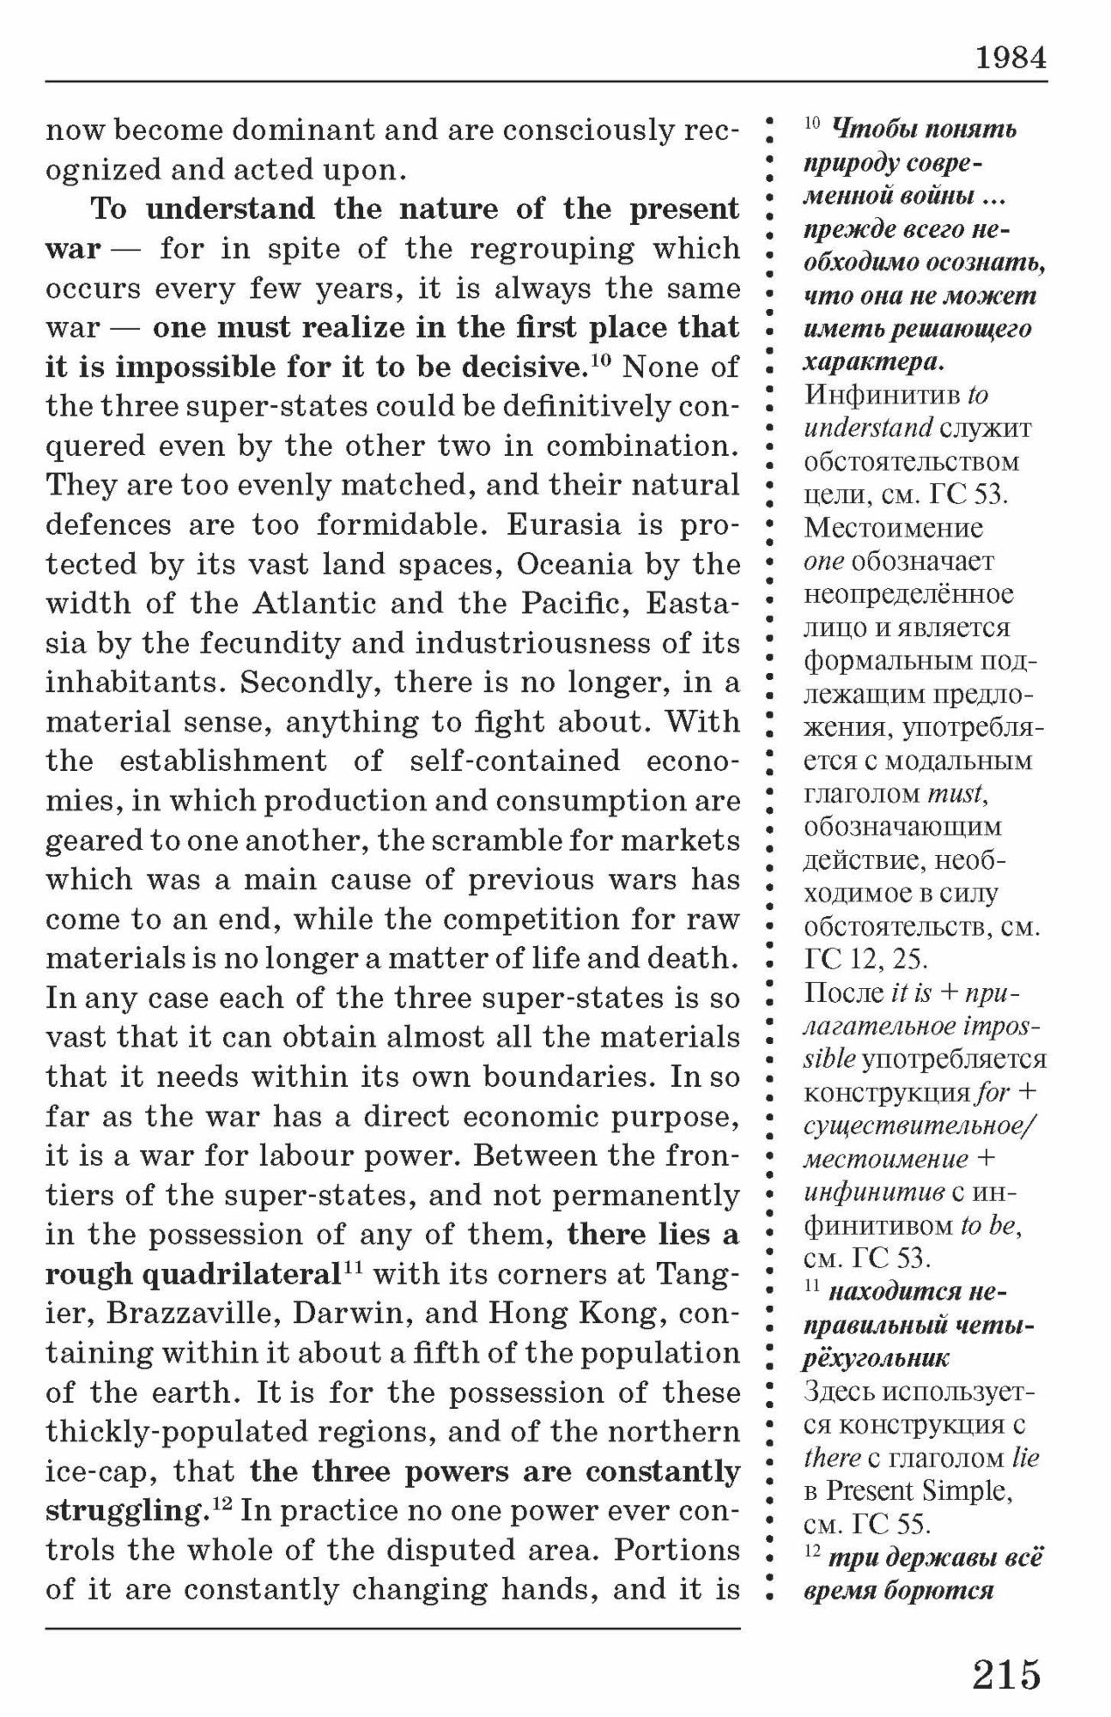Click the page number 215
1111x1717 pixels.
pos(1006,1675)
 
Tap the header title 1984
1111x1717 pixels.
pos(1011,58)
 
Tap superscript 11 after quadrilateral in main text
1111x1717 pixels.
pos(353,1268)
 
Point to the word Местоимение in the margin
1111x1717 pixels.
pos(893,527)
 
